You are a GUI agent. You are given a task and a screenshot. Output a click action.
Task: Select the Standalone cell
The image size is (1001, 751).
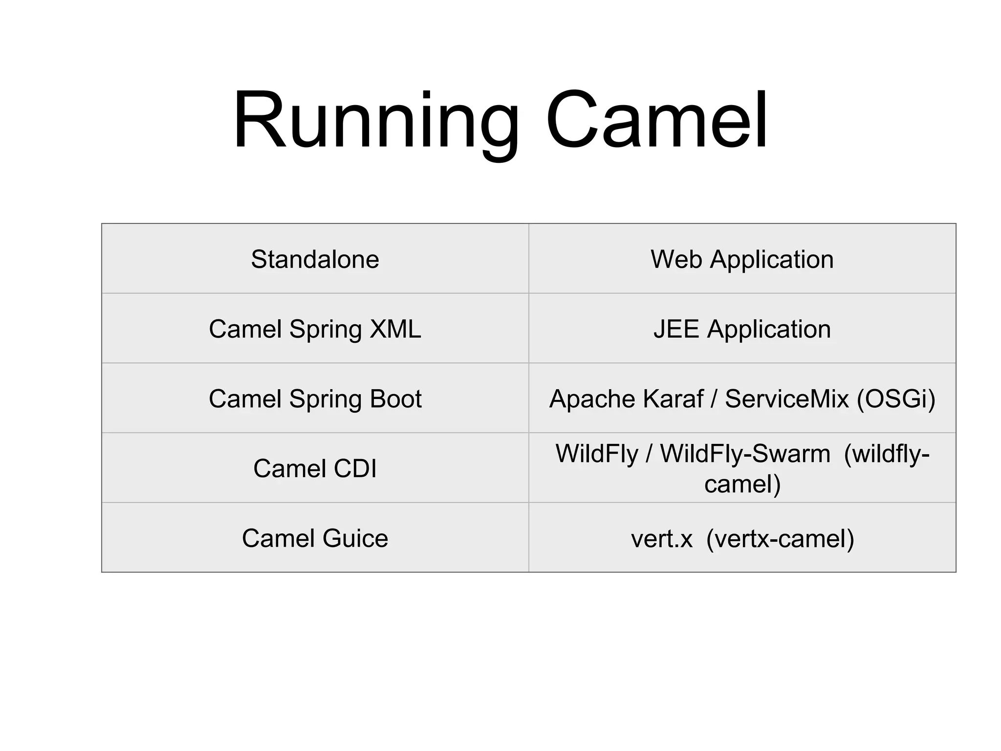click(x=315, y=259)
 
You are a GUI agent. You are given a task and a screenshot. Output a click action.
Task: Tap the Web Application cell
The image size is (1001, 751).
click(x=741, y=259)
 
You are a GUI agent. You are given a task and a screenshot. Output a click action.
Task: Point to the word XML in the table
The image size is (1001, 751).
click(x=395, y=329)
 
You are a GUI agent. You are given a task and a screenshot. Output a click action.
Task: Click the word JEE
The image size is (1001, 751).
click(x=676, y=329)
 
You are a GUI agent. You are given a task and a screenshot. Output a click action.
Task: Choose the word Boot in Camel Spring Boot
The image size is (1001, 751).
click(x=395, y=399)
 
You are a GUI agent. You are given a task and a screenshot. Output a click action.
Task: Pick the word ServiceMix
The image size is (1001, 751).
click(x=786, y=399)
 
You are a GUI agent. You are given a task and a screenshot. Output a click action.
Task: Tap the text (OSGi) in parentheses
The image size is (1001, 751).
click(x=895, y=399)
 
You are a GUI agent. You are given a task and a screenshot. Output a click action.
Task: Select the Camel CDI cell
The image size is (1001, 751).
click(x=315, y=468)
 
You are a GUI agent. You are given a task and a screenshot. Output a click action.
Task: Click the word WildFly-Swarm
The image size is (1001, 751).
click(x=745, y=454)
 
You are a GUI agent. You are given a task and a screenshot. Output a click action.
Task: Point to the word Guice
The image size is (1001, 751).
click(x=355, y=538)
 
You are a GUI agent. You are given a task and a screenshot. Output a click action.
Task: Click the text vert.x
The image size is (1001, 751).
click(x=662, y=539)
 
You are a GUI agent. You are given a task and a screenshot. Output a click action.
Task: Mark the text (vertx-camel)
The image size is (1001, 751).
click(x=780, y=539)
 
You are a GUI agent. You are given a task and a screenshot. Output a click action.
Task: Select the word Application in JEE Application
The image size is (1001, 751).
click(x=768, y=329)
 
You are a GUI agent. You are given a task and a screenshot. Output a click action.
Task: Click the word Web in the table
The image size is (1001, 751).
click(x=677, y=259)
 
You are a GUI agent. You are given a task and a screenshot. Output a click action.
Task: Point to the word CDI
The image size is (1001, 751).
click(x=355, y=468)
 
